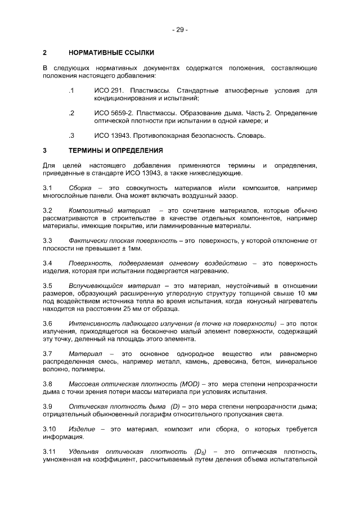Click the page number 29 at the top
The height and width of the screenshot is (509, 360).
click(180, 29)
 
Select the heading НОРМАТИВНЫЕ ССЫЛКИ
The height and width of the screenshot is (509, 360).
click(110, 53)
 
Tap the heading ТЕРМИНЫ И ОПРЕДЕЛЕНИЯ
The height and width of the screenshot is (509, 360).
click(115, 151)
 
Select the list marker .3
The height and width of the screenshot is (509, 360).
click(70, 136)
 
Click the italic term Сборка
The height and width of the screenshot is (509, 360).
click(80, 187)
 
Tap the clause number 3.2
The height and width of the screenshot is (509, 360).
click(48, 210)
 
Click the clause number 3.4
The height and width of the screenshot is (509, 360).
click(48, 263)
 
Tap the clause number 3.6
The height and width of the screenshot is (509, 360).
click(48, 324)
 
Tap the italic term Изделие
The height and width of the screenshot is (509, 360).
click(81, 429)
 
